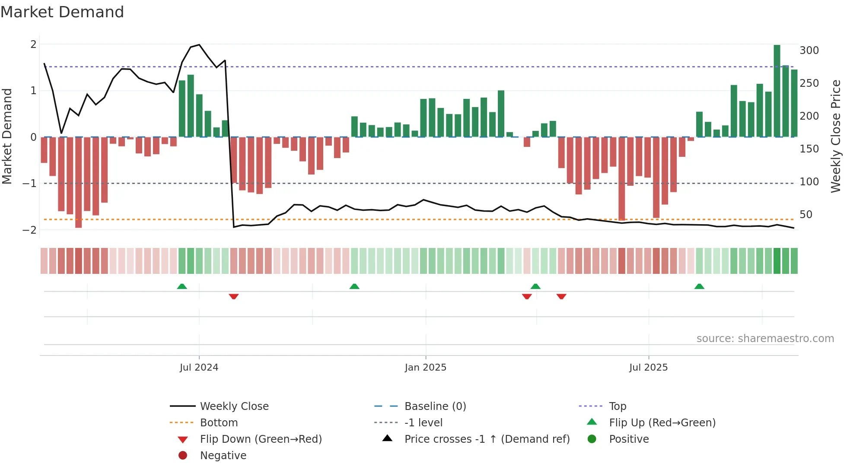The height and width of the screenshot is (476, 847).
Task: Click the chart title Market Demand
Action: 62,12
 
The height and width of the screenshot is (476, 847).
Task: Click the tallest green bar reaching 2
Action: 777,91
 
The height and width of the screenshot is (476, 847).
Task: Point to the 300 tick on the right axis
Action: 809,51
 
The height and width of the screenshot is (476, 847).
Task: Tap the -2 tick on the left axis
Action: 30,230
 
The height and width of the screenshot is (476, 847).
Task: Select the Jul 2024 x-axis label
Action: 199,368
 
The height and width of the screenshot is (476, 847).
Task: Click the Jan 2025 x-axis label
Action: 425,368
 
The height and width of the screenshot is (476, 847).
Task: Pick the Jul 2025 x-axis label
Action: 648,368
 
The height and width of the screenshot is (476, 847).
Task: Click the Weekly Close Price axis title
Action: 836,136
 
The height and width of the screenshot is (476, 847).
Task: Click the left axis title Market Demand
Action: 7,136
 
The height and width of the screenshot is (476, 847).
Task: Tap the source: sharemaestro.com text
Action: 765,339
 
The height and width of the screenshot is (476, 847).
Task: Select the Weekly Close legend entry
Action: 234,406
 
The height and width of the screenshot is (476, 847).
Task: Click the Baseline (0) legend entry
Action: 435,406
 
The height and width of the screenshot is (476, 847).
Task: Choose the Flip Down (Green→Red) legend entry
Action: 261,439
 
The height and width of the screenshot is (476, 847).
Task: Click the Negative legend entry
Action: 223,456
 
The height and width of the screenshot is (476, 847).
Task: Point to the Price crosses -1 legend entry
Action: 487,439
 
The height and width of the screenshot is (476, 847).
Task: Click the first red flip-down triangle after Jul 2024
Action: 234,296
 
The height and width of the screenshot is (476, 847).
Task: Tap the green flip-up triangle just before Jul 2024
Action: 182,286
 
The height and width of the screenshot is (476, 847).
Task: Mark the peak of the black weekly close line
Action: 199,45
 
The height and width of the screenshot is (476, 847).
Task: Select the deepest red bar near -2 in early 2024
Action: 78,182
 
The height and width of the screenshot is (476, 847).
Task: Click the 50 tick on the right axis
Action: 806,215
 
